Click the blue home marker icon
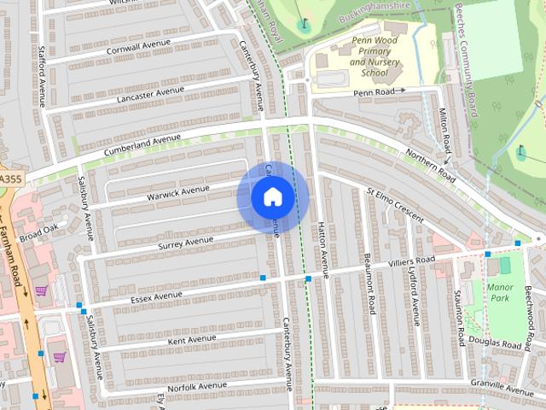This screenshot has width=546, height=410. (x=272, y=197)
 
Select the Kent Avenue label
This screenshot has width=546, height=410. (x=192, y=340)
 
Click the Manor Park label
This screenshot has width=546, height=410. (x=500, y=293)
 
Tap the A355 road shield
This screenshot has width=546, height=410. (x=9, y=178)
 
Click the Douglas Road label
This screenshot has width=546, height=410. (x=496, y=343)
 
